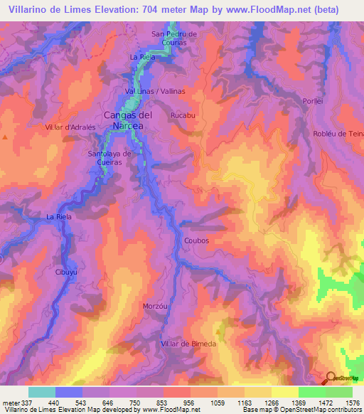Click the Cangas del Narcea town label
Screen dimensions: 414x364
click(x=128, y=120)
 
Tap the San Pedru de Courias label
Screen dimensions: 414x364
click(x=174, y=38)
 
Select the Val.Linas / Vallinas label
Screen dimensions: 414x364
click(x=155, y=92)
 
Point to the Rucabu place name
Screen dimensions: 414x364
click(x=183, y=114)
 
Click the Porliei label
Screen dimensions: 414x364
click(x=313, y=100)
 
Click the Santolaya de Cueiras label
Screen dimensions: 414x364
click(x=109, y=157)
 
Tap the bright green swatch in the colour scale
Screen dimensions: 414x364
click(x=311, y=391)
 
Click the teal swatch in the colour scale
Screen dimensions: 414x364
click(x=41, y=391)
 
